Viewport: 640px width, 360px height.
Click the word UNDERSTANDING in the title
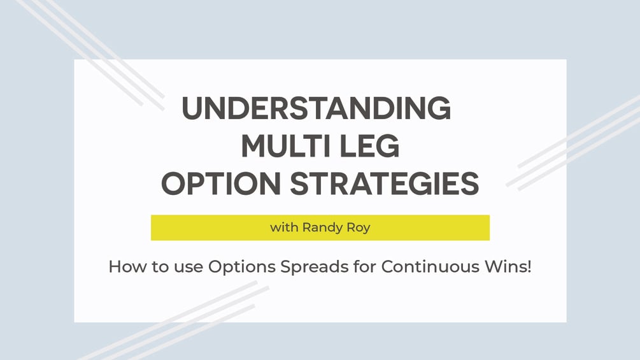tap(316, 108)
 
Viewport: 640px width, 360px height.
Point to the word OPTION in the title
tap(221, 184)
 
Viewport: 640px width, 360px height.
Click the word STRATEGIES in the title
tap(385, 184)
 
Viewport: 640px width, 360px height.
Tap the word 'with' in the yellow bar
tap(284, 227)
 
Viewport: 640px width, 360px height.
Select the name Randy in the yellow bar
tap(322, 227)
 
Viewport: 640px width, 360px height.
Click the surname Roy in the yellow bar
tap(359, 227)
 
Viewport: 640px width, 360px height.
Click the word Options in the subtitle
tap(241, 268)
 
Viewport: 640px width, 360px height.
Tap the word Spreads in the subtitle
tap(315, 268)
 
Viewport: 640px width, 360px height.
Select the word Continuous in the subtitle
tap(430, 266)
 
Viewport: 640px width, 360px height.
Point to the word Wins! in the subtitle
tap(508, 266)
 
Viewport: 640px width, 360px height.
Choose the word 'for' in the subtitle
tap(365, 266)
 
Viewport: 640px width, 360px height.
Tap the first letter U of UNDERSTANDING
tap(192, 108)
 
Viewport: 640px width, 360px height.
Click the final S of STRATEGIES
tap(469, 184)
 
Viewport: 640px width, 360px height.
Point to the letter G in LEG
tap(388, 146)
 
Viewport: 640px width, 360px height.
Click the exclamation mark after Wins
tap(529, 266)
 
